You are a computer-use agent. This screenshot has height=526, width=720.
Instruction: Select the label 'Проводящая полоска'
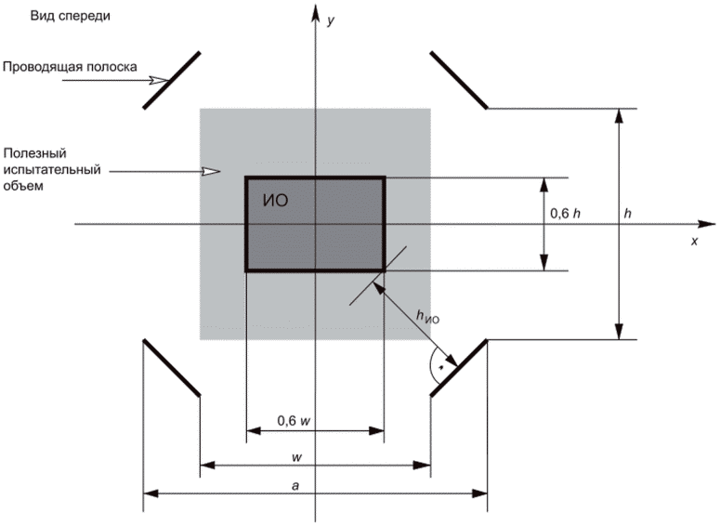70,67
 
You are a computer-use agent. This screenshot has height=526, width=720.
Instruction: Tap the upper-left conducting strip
172,81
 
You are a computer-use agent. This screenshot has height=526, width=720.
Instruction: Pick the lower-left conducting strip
171,367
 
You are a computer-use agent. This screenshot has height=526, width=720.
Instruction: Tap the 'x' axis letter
693,240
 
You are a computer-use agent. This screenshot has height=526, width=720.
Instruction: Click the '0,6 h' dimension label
566,214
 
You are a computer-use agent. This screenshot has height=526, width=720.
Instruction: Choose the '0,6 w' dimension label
294,420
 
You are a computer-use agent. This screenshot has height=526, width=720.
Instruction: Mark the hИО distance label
426,318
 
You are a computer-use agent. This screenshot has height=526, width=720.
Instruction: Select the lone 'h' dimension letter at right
628,214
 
